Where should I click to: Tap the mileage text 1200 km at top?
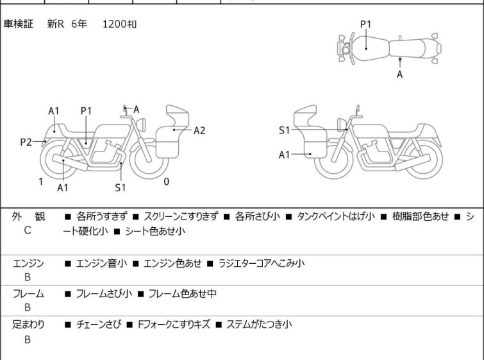coord(119,24)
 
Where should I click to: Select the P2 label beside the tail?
coord(26,142)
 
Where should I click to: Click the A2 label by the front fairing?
coord(199,130)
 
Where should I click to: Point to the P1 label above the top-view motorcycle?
coord(365,24)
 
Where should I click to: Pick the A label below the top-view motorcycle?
coord(400,74)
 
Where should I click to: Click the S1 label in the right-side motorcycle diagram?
coord(284,130)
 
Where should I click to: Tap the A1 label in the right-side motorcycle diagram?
coord(284,155)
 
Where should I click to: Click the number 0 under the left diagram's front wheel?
coord(167,182)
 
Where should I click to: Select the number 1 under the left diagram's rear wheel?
coord(40,182)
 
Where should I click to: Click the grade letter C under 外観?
coord(28,230)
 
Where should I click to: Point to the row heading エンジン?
coord(28,263)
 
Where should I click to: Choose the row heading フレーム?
coord(28,294)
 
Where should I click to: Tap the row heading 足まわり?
coord(28,325)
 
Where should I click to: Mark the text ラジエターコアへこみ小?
coord(262,263)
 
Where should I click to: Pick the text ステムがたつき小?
coord(259,325)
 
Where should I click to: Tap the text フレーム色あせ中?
coord(182,294)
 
